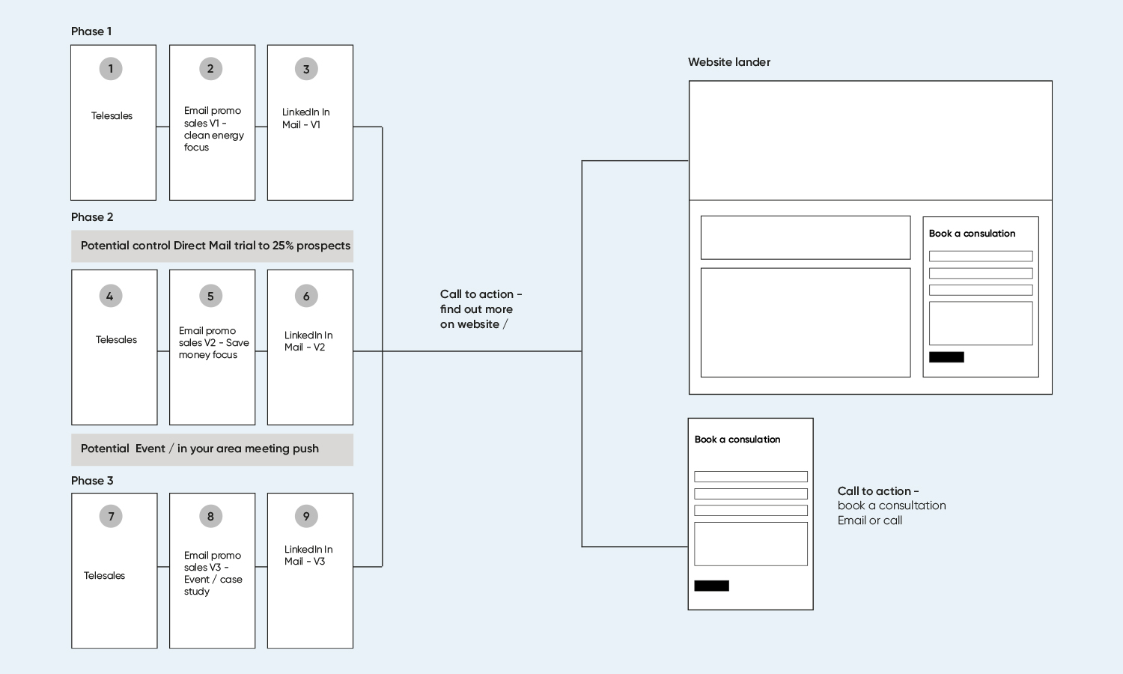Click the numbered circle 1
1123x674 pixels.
click(x=111, y=69)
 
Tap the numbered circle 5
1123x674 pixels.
click(x=210, y=296)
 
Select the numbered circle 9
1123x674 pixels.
click(x=306, y=516)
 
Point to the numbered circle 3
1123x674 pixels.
click(x=306, y=69)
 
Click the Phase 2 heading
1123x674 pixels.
click(x=92, y=217)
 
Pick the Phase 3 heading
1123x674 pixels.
click(x=92, y=481)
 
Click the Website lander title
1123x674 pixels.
click(x=729, y=62)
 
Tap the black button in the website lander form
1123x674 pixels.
click(x=946, y=357)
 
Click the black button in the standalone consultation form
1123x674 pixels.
click(x=711, y=586)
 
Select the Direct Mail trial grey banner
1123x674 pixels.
click(x=212, y=246)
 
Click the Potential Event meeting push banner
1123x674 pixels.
click(x=212, y=450)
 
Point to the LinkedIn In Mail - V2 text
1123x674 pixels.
click(x=308, y=341)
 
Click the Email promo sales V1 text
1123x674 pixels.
click(x=213, y=129)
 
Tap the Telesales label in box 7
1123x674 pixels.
click(x=104, y=575)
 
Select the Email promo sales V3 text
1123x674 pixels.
click(x=213, y=573)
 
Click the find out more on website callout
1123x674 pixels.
click(x=481, y=309)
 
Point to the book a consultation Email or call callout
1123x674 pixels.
click(x=892, y=506)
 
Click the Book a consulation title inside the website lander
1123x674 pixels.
click(x=972, y=233)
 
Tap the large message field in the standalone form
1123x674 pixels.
click(x=750, y=544)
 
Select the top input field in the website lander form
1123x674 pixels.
click(x=981, y=256)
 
